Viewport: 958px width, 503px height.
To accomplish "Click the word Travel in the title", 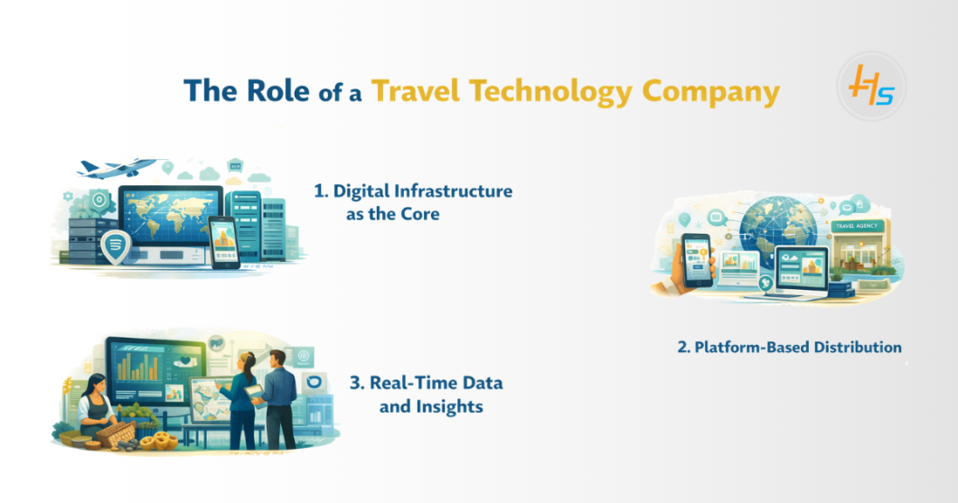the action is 416,91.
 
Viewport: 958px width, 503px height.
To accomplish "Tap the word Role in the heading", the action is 278,91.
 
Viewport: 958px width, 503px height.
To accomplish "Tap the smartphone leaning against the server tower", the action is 223,242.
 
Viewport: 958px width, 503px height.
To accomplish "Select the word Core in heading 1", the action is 420,214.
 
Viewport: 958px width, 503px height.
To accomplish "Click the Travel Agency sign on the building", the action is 857,226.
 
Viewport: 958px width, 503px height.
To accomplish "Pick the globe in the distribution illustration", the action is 777,224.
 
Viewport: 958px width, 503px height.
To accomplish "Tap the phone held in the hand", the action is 698,259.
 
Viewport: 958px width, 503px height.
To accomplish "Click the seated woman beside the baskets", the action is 96,407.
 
